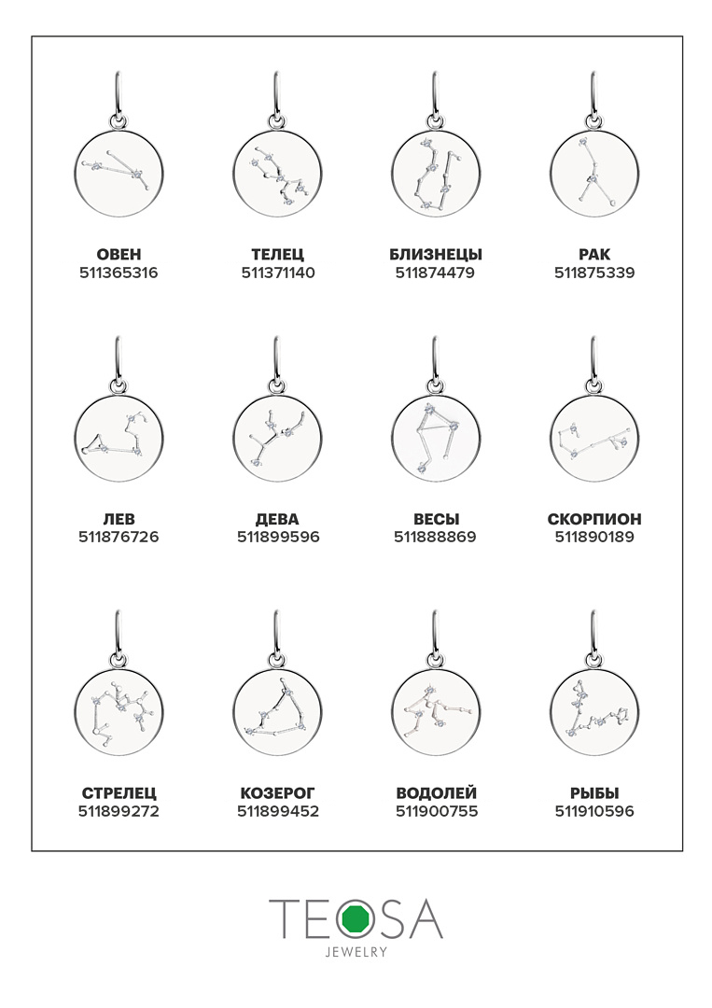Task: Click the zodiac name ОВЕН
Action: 119,255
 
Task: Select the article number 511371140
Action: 278,273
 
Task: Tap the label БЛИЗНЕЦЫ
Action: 436,255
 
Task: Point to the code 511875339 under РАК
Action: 594,273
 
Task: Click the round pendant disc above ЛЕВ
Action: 119,439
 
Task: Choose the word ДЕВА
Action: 277,519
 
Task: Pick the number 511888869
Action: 435,537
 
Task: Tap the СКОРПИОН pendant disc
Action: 594,439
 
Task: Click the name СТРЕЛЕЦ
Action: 119,793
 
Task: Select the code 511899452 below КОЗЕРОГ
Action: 278,811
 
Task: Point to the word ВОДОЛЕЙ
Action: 437,793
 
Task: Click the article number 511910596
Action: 594,811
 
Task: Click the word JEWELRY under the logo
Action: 356,952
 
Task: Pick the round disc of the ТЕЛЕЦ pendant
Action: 277,174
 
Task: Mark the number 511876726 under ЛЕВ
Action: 119,537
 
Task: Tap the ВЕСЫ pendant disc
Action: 436,439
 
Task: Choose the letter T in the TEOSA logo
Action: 282,918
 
